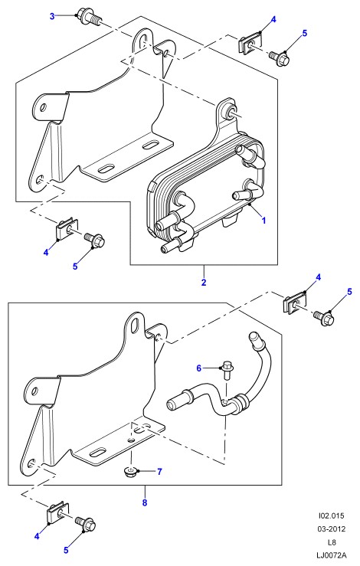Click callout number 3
pyautogui.click(x=52, y=16)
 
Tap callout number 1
pyautogui.click(x=263, y=220)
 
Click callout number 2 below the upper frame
pyautogui.click(x=204, y=282)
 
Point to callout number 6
pyautogui.click(x=198, y=368)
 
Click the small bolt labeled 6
pyautogui.click(x=227, y=370)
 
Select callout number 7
pyautogui.click(x=159, y=472)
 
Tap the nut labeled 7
pyautogui.click(x=130, y=471)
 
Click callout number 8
pyautogui.click(x=145, y=502)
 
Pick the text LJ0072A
pyautogui.click(x=332, y=555)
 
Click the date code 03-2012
pyautogui.click(x=332, y=528)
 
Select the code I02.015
pyautogui.click(x=332, y=515)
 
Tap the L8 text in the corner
pyautogui.click(x=332, y=541)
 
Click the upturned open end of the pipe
pyautogui.click(x=255, y=339)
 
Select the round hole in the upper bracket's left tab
pyautogui.click(x=44, y=107)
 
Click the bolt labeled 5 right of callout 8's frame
pyautogui.click(x=324, y=318)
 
